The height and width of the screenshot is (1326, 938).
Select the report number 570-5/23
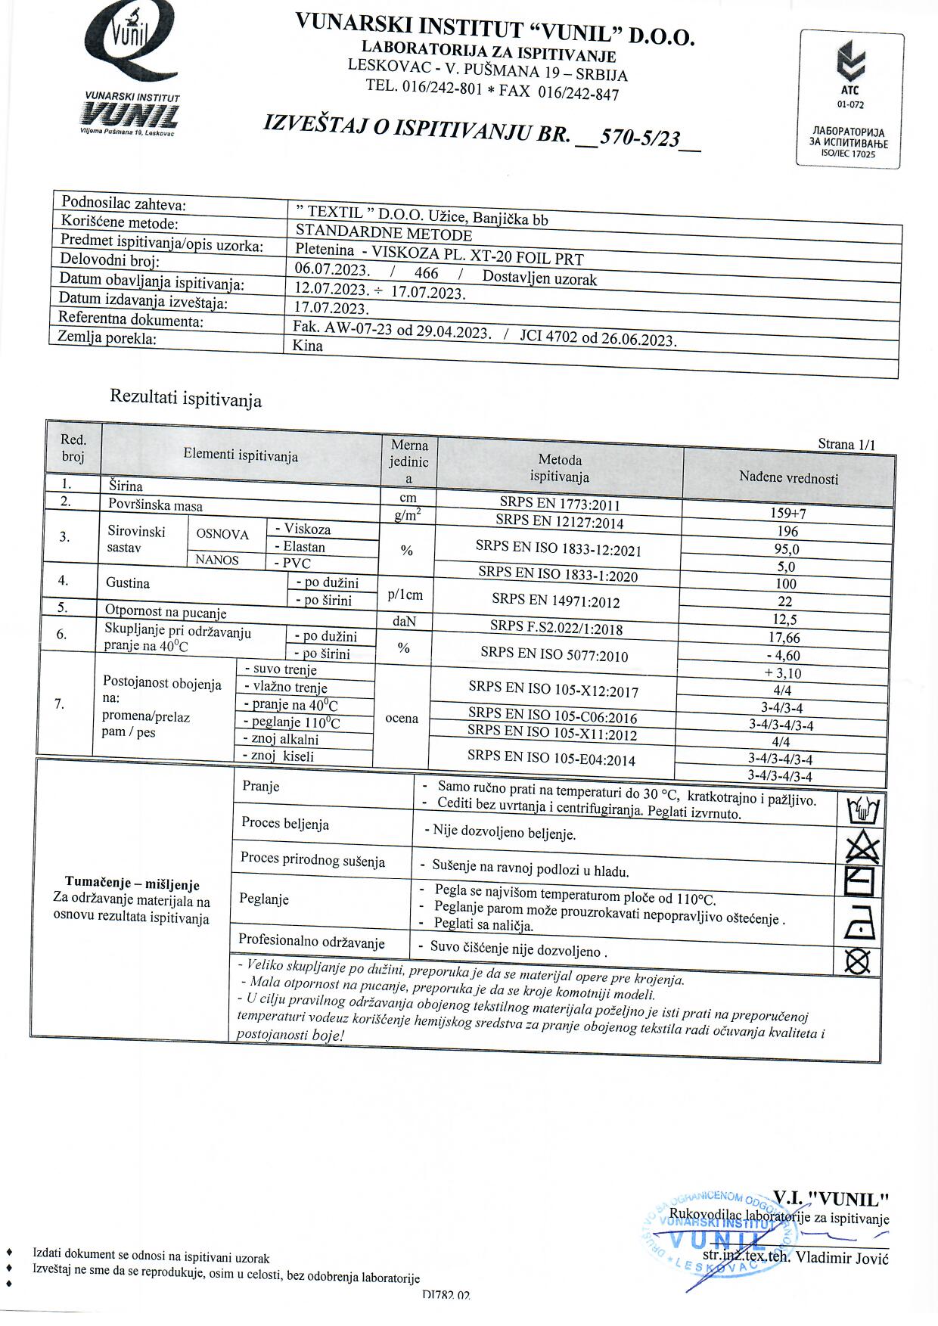coord(639,138)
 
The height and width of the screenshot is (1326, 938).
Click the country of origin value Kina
coord(308,346)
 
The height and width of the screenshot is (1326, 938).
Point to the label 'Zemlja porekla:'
coord(107,338)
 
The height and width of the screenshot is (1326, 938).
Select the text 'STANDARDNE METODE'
coord(384,234)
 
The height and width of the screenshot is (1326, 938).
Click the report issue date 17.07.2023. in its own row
coord(331,308)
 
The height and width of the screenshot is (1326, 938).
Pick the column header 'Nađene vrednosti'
coord(788,478)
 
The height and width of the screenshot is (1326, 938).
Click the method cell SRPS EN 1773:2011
coord(559,503)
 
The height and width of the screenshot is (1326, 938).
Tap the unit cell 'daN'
coord(405,621)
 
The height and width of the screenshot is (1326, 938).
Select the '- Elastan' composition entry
coord(300,546)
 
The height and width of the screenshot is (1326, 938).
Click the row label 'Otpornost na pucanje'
coord(166,612)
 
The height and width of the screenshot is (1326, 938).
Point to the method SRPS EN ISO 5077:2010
coord(554,654)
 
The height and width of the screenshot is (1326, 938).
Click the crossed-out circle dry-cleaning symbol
coord(858,961)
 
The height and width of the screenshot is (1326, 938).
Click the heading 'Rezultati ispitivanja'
coord(186,398)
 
